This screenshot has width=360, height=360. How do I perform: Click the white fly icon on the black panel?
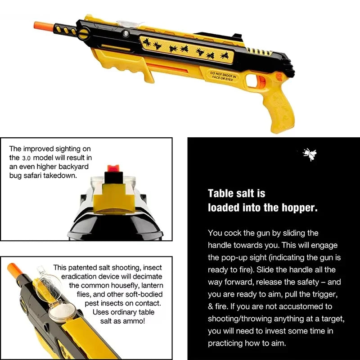(309, 155)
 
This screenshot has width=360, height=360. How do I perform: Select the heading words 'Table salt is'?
(236, 193)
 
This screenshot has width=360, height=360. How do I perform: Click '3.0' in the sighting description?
(27, 158)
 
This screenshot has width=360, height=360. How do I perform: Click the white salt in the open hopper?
(60, 311)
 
